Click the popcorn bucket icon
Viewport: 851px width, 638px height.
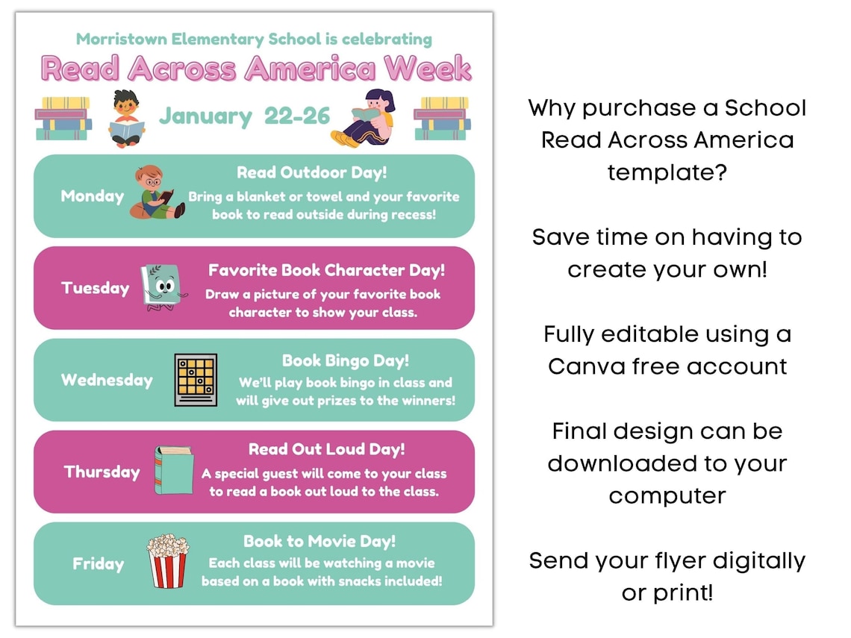point(167,561)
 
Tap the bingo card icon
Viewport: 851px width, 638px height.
point(196,380)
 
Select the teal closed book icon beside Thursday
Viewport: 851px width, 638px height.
point(163,470)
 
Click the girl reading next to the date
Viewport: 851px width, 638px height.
point(363,118)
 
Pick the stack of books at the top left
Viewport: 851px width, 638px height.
point(63,118)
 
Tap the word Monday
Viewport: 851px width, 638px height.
point(93,196)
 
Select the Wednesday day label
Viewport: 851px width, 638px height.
point(107,380)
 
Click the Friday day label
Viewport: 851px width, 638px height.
point(98,564)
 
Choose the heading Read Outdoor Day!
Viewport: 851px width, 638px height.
point(312,173)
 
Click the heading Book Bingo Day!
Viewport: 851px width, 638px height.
point(346,361)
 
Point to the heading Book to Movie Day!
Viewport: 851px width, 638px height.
point(319,541)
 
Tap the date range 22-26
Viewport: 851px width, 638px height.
point(297,116)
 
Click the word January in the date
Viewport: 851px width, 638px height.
point(205,116)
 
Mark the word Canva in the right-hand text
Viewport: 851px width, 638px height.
point(586,366)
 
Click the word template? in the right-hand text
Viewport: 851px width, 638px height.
point(667,172)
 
